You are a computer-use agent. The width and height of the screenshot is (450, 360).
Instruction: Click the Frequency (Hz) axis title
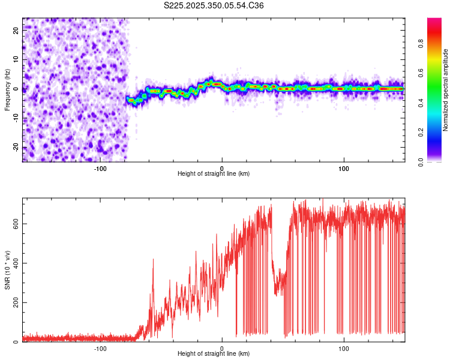click(7, 90)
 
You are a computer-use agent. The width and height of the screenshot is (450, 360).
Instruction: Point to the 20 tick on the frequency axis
click(17, 29)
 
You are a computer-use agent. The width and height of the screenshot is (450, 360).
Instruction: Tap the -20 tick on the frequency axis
click(16, 148)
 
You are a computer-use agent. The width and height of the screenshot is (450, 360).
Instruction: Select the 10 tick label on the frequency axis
click(17, 59)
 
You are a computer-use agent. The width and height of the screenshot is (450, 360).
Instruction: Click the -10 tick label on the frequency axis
click(16, 118)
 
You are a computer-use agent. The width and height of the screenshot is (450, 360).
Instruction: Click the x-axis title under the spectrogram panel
click(214, 173)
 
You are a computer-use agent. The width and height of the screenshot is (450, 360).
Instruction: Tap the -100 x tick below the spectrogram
click(100, 168)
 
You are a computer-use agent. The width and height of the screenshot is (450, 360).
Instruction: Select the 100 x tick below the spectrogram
click(344, 168)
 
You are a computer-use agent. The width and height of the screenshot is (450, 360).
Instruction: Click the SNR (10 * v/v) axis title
click(7, 270)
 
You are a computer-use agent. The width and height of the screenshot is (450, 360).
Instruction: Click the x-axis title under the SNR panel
click(214, 354)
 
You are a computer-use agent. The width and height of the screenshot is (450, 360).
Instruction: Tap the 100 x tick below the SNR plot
click(344, 349)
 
